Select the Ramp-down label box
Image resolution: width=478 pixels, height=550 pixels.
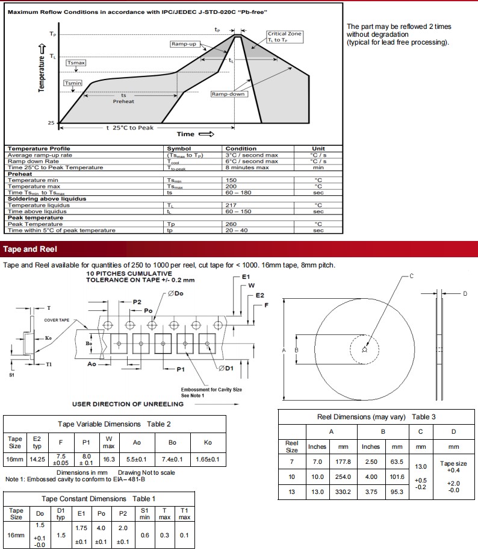(x=228, y=95)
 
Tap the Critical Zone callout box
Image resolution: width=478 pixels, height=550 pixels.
(x=284, y=37)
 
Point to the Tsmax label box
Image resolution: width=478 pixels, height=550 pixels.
(x=76, y=63)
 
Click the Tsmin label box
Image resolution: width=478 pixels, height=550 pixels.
(x=73, y=83)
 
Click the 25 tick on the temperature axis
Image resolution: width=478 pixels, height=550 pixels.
(x=52, y=123)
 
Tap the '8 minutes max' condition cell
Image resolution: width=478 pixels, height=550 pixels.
(x=247, y=167)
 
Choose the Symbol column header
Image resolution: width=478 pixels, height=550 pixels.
(x=179, y=148)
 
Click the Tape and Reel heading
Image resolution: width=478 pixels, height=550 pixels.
(x=29, y=249)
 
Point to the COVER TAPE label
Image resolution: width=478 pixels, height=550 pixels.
(x=57, y=320)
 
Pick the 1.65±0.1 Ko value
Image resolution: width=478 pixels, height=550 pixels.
(x=208, y=459)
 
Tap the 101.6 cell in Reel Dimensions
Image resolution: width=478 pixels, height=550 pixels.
(x=397, y=476)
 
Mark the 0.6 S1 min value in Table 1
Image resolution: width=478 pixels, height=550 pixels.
(x=145, y=534)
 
